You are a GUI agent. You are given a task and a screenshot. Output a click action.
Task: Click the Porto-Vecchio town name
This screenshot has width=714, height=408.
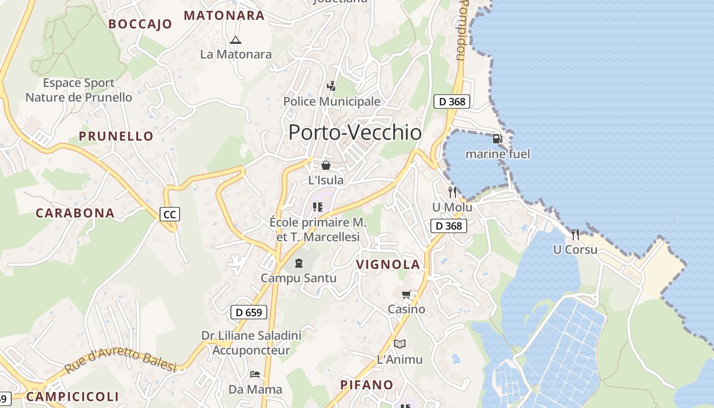click(355, 133)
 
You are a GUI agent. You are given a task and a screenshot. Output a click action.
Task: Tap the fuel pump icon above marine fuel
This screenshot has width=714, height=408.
click(497, 138)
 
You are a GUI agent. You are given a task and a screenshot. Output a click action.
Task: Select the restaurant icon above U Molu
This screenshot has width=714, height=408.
click(452, 192)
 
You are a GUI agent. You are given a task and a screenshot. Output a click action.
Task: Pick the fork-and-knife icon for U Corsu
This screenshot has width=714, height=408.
click(575, 235)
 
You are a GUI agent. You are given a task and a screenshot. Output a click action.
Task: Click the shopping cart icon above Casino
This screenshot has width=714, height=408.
click(406, 294)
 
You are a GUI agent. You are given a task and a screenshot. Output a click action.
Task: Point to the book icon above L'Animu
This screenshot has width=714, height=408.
click(400, 344)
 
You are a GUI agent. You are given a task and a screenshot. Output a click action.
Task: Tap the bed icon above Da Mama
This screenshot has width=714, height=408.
click(255, 374)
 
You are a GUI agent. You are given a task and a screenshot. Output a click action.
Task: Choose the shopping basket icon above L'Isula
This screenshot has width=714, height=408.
click(325, 165)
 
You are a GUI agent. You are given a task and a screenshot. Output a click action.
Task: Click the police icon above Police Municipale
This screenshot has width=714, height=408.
click(331, 86)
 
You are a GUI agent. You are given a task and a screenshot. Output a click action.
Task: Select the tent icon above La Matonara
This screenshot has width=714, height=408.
click(235, 40)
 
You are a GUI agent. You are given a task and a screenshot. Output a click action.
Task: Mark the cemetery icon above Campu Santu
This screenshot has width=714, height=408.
click(299, 263)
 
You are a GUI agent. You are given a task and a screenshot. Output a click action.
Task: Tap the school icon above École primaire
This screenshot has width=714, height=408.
click(318, 207)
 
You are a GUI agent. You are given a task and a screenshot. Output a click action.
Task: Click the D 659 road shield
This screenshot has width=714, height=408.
click(249, 312)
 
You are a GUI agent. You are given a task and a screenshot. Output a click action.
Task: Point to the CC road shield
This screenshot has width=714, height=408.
click(170, 215)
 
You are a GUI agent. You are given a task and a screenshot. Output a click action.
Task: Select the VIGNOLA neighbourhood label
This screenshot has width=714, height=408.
click(388, 264)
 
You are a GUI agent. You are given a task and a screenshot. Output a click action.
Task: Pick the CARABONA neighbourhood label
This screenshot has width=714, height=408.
click(75, 213)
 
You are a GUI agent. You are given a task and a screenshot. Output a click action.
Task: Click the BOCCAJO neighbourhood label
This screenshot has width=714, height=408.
click(140, 24)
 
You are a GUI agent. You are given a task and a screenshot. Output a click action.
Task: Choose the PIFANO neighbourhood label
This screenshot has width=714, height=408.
click(367, 385)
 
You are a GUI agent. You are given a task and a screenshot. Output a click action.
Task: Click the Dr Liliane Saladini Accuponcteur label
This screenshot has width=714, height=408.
click(251, 343)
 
